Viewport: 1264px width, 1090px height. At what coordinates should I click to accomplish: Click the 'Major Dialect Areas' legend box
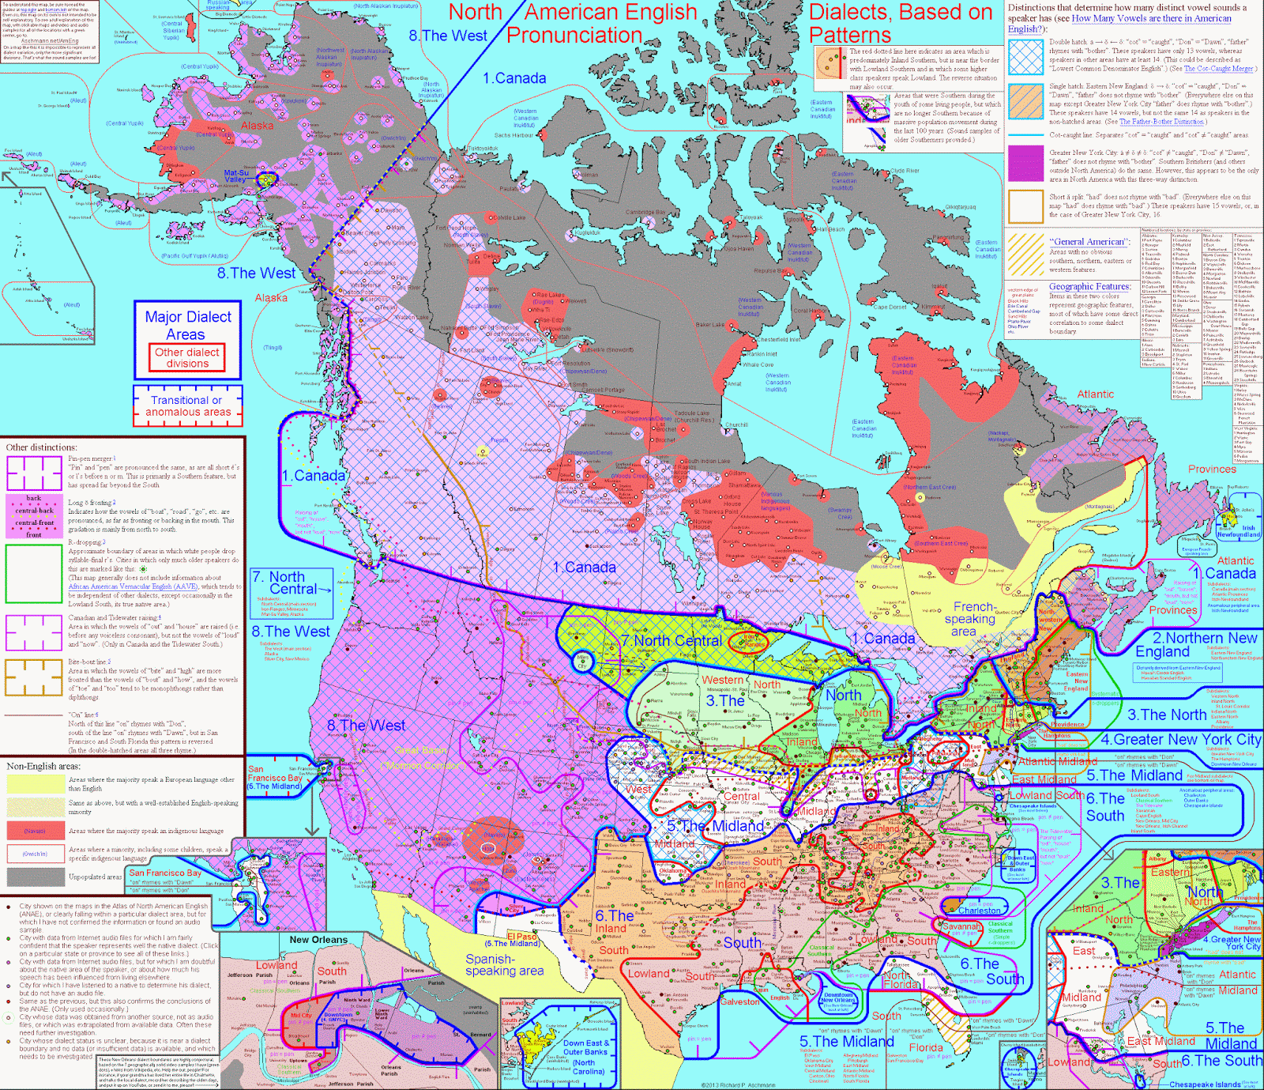click(188, 325)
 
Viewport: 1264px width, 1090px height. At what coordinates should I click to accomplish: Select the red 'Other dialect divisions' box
click(187, 358)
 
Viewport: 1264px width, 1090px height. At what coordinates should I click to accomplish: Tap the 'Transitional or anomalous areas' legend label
click(188, 405)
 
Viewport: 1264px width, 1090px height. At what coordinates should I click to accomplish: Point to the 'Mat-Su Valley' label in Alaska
click(236, 176)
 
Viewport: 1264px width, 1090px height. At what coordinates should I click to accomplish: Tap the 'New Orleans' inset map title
click(318, 940)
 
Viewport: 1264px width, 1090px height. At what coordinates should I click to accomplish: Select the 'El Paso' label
click(521, 937)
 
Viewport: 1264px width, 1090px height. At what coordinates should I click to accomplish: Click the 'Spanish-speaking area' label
click(504, 964)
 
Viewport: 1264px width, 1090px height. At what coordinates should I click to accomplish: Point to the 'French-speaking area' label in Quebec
click(971, 619)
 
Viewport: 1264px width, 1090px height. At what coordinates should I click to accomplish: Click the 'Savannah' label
click(961, 926)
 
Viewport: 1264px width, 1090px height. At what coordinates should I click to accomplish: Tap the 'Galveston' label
click(739, 1001)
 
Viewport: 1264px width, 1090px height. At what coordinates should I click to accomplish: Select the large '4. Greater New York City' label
click(1180, 740)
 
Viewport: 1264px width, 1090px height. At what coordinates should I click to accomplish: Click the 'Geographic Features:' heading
click(1089, 287)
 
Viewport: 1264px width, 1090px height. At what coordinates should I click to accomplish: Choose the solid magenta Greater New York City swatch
click(1025, 163)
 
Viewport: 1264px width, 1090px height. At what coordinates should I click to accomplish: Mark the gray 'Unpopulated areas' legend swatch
click(35, 877)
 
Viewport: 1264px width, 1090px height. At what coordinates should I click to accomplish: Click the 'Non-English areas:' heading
click(43, 766)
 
